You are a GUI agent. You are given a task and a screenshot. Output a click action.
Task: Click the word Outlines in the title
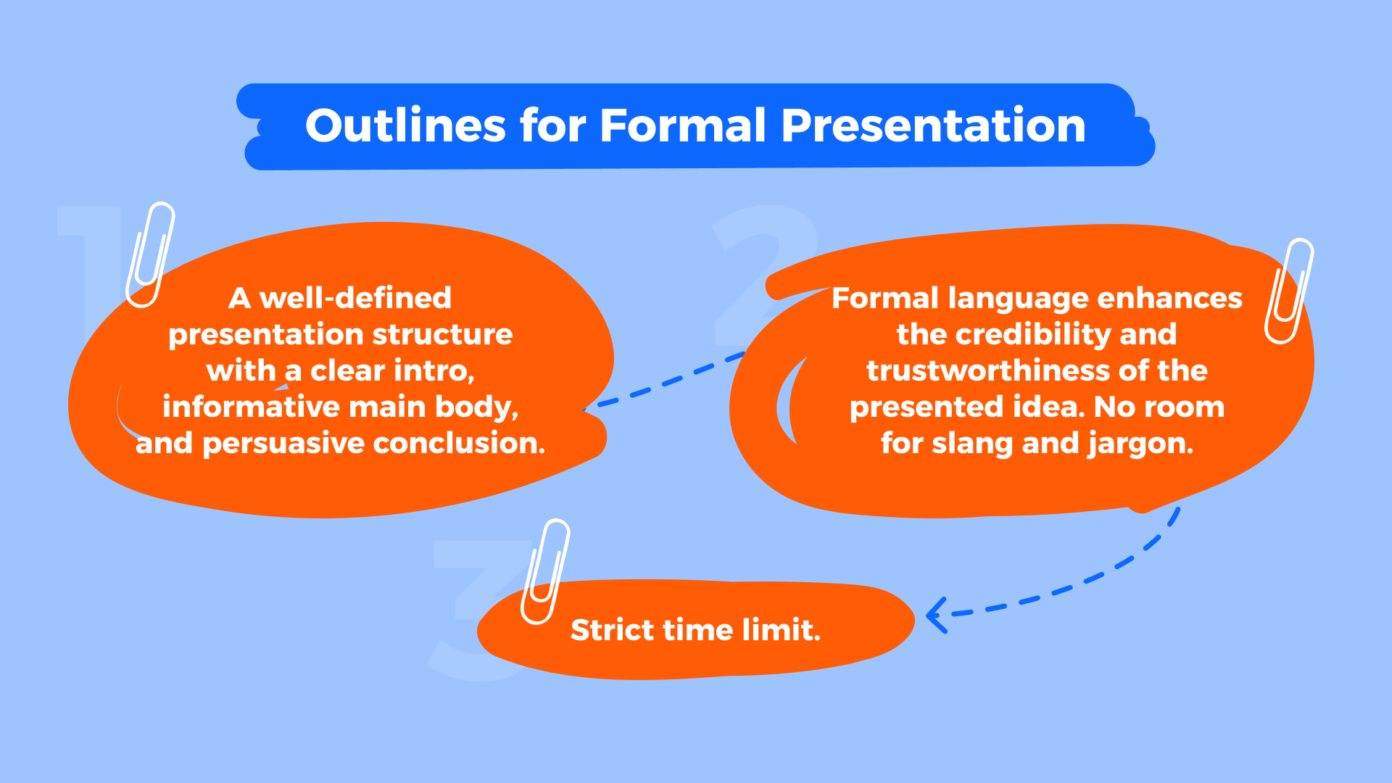tap(405, 126)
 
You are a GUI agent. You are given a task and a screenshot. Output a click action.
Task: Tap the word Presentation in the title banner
tap(933, 126)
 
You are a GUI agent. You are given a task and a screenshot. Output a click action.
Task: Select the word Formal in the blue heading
tap(682, 126)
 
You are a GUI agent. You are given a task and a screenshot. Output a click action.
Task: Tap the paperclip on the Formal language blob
tap(1289, 291)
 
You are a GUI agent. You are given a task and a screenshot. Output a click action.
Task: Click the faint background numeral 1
tap(91, 268)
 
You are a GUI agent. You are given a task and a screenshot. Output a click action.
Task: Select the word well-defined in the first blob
tap(355, 298)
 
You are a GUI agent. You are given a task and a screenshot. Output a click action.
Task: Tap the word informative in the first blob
tap(222, 407)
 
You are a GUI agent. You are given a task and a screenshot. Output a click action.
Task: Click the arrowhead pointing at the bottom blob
tap(936, 616)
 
